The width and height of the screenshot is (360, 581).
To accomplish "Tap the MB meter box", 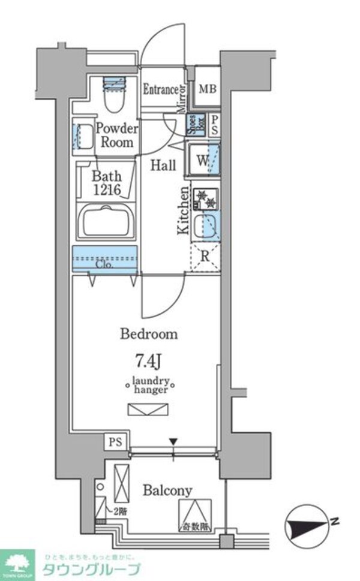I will [207, 90].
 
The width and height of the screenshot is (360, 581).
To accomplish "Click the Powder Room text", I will [116, 136].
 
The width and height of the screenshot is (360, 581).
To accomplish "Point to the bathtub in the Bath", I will [108, 222].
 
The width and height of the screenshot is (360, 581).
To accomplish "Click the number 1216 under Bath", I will [107, 190].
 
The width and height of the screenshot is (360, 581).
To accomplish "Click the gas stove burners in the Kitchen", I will [205, 198].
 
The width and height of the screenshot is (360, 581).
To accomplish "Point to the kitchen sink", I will [206, 226].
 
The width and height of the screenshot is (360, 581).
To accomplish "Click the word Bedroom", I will [149, 335].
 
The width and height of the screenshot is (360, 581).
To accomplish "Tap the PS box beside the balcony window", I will [115, 442].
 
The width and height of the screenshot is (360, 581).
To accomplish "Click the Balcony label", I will [167, 490].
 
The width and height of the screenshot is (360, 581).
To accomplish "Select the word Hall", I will [163, 165].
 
